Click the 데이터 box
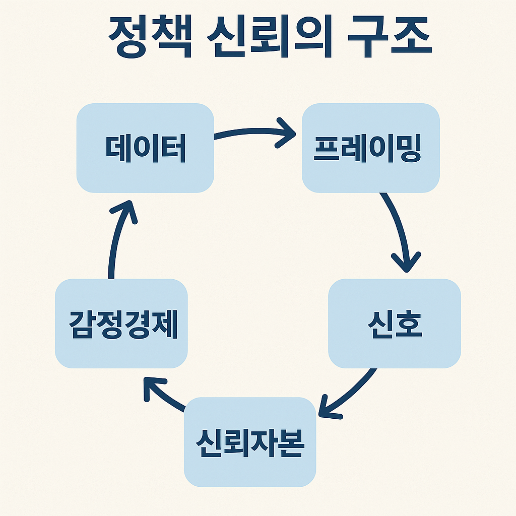pos(145,148)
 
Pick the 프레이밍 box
pos(370,148)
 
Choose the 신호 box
pos(395,324)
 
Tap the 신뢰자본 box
pos(250,442)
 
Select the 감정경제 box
pos(121,324)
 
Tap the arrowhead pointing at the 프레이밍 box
pos(286,134)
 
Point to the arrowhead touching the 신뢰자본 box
pos(328,407)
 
